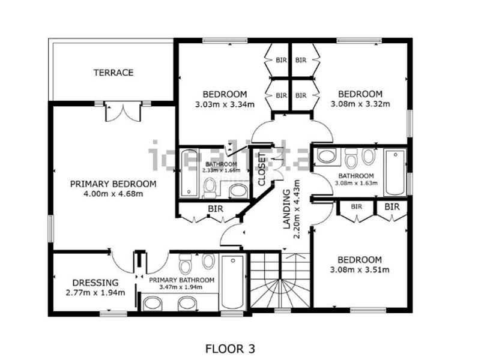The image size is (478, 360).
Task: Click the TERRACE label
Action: tap(113, 73)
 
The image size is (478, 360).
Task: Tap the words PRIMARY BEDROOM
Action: tap(113, 184)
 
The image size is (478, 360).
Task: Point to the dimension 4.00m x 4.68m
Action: tap(113, 194)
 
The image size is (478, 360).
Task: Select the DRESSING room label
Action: tap(95, 283)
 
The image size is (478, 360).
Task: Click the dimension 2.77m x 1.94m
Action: tap(95, 293)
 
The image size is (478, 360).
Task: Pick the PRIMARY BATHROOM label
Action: tap(181, 280)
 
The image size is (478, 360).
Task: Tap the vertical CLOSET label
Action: tap(262, 170)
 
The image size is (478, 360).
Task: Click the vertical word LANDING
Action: tap(286, 208)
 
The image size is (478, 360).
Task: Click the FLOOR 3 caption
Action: tap(231, 348)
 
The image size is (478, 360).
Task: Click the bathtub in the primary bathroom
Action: tap(232, 281)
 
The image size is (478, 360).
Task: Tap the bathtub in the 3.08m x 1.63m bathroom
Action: tap(395, 173)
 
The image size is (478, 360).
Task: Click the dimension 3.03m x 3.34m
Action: tap(225, 104)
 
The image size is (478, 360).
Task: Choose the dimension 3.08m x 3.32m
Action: tap(360, 104)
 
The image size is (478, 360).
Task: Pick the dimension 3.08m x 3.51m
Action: tap(360, 269)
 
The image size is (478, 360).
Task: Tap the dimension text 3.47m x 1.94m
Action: tap(181, 287)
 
